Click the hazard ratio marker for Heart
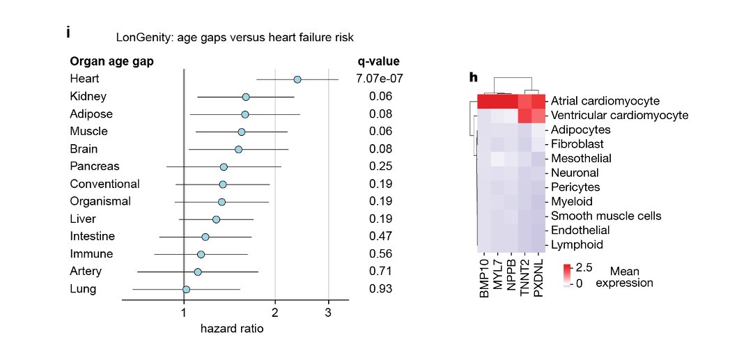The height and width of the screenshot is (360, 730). coord(297,79)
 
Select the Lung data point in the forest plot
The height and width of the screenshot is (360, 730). coord(186,289)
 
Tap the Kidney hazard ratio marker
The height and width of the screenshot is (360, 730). coord(246,97)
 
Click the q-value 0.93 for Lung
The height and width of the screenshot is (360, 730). coord(380,289)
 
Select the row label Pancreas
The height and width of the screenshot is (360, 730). coord(95,166)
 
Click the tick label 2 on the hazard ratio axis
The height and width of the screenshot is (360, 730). coord(275,313)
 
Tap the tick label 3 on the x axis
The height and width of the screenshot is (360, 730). coord(327,313)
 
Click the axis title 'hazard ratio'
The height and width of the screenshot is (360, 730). coord(232,329)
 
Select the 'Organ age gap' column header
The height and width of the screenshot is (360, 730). coord(111,61)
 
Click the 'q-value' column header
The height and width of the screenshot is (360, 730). coord(378,61)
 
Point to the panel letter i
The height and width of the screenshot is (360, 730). coord(68,32)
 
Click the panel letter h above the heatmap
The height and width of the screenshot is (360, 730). coord(474,77)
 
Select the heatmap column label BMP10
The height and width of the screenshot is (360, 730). coord(485,279)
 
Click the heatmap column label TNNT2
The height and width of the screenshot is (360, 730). coord(525,279)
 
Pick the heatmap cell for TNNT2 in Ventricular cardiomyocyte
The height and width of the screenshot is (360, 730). coord(525,115)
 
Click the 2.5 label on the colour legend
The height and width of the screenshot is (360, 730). coord(584,267)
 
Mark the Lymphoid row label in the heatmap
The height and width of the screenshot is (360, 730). coord(577,244)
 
